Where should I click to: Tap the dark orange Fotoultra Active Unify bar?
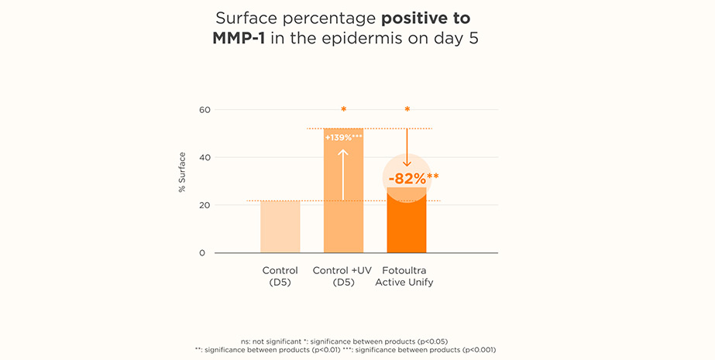[407, 228]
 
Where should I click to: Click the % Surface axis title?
[182, 171]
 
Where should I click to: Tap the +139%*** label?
[343, 137]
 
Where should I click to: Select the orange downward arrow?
[407, 147]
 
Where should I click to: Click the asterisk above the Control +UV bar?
[343, 110]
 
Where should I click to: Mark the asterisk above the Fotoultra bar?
[407, 110]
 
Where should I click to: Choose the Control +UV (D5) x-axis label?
[343, 276]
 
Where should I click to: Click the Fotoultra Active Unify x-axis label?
[404, 276]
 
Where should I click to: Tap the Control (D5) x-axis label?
[280, 276]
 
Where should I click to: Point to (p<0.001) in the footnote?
[478, 349]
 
